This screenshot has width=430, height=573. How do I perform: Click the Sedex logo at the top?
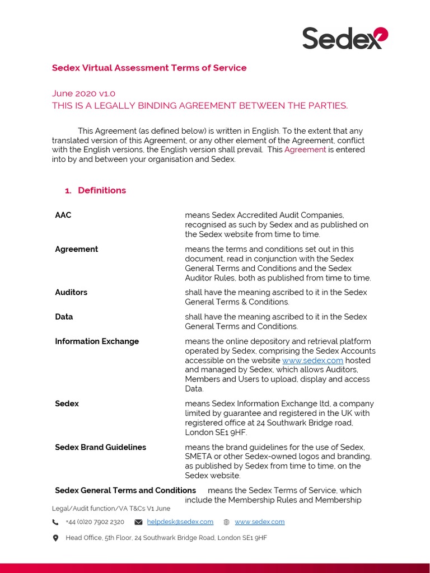point(345,38)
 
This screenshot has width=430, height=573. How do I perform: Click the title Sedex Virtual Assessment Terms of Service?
point(149,68)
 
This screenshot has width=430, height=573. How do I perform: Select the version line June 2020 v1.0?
point(83,93)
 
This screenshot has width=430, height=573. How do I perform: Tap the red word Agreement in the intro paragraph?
point(305,149)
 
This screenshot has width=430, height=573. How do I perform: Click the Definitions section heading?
point(102,190)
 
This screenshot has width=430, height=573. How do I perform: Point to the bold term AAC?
point(63,215)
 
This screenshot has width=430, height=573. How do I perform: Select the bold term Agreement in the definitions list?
point(76,249)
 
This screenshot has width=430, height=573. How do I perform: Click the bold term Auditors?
point(71,292)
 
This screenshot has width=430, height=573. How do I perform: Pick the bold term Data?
point(64,317)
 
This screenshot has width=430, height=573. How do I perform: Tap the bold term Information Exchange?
point(97,341)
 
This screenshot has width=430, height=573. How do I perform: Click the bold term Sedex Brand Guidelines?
point(100,447)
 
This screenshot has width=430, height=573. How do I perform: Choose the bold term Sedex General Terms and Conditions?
point(125,490)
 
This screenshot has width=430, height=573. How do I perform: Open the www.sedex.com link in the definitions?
point(312,360)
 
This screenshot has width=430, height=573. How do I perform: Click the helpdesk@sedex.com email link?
point(180,522)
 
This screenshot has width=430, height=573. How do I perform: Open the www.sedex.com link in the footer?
point(259,522)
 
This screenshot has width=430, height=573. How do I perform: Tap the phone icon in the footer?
point(55,522)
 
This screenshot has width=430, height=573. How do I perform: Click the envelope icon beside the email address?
point(138,522)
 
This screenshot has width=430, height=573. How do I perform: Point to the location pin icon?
point(55,538)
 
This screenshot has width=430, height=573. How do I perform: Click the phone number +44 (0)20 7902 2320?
point(95,522)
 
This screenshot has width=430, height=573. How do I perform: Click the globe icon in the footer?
point(226,522)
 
